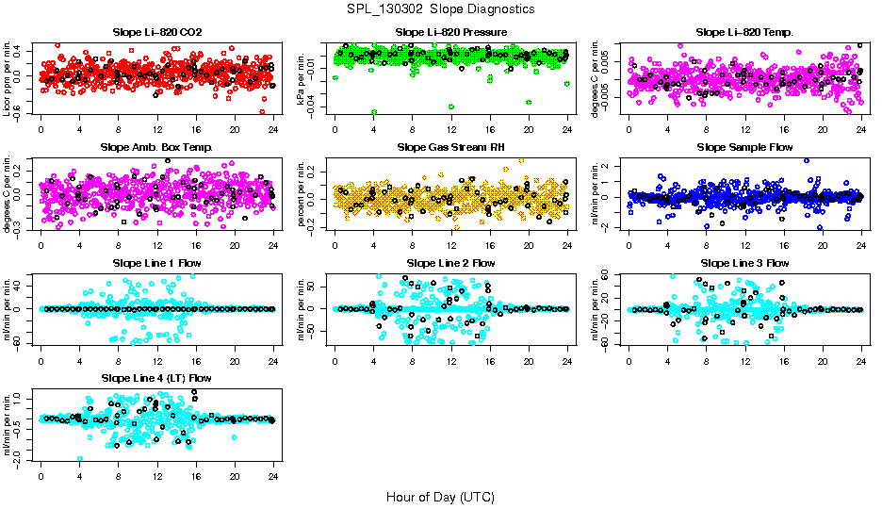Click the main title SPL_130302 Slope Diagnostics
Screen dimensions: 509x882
coord(440,9)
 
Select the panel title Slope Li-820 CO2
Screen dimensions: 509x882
coord(156,33)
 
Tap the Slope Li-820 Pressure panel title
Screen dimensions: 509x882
coord(451,33)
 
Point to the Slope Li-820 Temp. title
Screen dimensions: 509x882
coord(744,33)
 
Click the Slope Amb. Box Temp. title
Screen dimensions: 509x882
coord(156,148)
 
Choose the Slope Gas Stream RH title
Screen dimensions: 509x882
coord(451,148)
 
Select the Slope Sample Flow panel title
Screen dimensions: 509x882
coord(744,148)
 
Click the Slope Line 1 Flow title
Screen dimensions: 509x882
coord(156,263)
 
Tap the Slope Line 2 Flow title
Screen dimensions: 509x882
coord(450,263)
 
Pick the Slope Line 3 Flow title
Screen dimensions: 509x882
coord(744,263)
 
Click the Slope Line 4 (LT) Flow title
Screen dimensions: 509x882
coord(156,378)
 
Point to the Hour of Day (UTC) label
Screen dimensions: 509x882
coord(440,497)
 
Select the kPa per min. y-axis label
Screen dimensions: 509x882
coord(302,78)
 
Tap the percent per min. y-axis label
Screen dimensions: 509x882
coord(302,193)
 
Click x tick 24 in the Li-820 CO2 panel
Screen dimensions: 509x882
coord(272,130)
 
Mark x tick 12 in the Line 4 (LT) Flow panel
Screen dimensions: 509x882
coord(156,475)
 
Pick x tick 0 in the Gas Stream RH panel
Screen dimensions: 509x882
coord(335,245)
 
